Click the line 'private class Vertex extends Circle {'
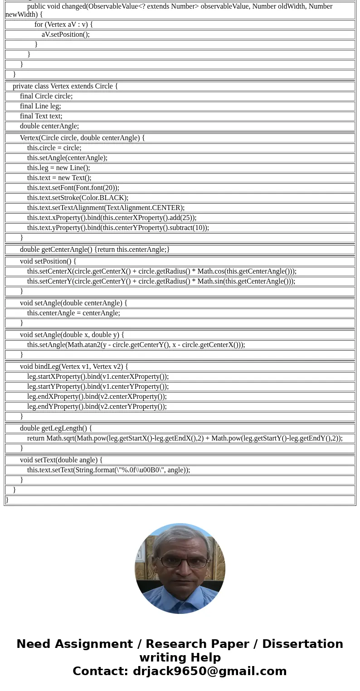[x=65, y=86]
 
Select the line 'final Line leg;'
[x=40, y=106]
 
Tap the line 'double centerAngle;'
[x=49, y=126]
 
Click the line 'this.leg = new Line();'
[x=58, y=168]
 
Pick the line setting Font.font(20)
[x=73, y=188]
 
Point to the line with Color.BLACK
[x=78, y=198]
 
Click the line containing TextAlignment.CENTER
[x=106, y=208]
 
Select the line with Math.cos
[x=161, y=271]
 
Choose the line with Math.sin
[x=161, y=281]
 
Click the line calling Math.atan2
[x=136, y=345]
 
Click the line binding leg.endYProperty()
[x=97, y=407]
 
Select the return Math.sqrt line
[x=185, y=438]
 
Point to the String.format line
[x=108, y=470]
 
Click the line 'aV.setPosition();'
[x=66, y=34]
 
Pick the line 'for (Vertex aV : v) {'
[x=63, y=25]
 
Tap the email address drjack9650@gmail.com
[x=209, y=671]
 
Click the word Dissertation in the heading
[x=302, y=644]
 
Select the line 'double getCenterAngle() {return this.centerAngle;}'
[x=95, y=250]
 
